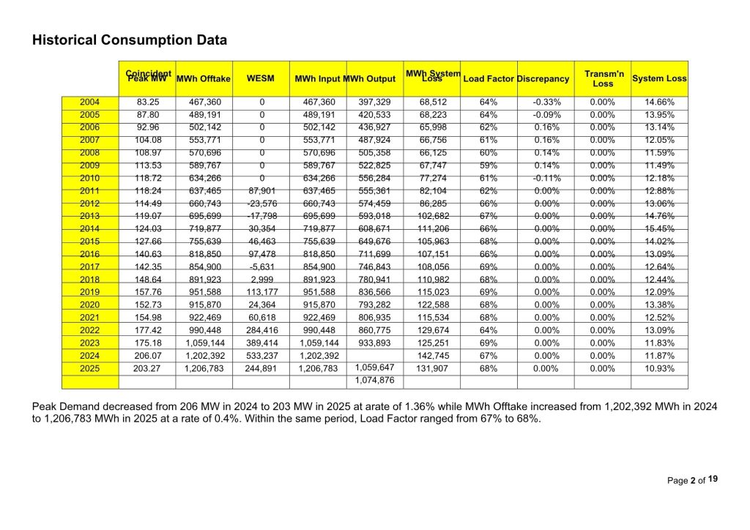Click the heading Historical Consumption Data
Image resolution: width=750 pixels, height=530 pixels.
[129, 40]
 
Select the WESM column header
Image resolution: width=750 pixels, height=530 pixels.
[261, 78]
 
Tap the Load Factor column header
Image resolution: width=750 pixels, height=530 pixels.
[489, 78]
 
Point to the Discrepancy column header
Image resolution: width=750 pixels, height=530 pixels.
[543, 78]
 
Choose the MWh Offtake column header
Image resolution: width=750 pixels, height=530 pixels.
[204, 78]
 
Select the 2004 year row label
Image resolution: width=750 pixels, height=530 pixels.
[89, 102]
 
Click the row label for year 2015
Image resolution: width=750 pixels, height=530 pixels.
[89, 242]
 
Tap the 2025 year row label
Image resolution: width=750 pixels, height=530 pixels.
[89, 368]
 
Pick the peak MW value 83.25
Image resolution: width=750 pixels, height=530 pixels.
[148, 102]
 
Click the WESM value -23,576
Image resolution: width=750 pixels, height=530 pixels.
[261, 204]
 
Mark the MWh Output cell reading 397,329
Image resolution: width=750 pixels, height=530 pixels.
[374, 102]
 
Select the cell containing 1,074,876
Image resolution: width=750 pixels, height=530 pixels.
[374, 381]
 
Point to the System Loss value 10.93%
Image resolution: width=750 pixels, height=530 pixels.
[659, 368]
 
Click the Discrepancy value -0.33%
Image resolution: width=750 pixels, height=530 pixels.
[546, 102]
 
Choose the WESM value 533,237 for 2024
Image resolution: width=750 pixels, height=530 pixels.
[261, 356]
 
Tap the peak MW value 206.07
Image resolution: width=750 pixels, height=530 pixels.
[148, 356]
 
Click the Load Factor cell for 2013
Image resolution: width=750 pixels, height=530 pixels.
[489, 216]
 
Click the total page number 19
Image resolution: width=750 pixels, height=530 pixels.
[713, 479]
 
